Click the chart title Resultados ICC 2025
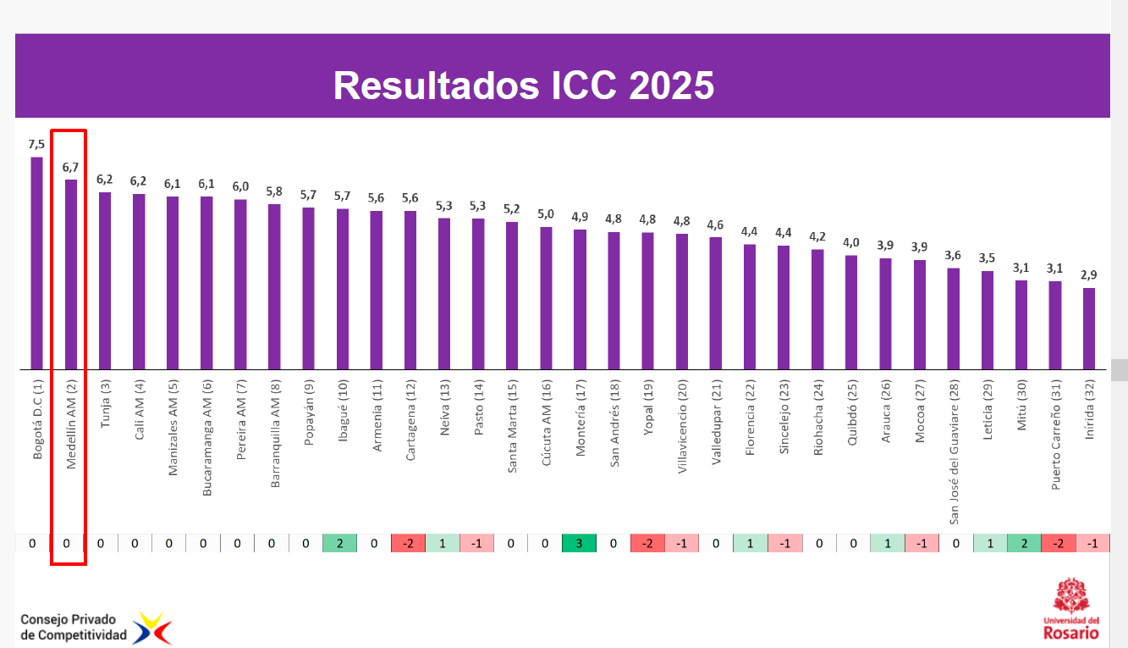524,86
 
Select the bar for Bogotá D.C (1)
36,263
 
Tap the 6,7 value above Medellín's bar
70,167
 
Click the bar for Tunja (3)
105,280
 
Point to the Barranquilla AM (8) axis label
274,433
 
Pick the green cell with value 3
579,543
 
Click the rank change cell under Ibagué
339,543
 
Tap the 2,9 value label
1089,275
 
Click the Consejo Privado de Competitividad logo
95,628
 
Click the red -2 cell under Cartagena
408,543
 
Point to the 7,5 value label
36,144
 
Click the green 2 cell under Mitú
1024,543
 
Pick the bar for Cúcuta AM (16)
546,298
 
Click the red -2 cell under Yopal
647,543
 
